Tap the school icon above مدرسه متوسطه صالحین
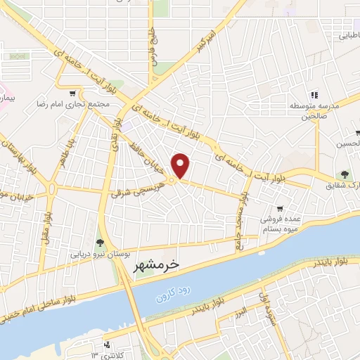(315, 94)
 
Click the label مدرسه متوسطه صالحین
(314, 111)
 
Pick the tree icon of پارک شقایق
(345, 174)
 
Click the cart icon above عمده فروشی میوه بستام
(281, 208)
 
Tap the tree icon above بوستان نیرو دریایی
(103, 243)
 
